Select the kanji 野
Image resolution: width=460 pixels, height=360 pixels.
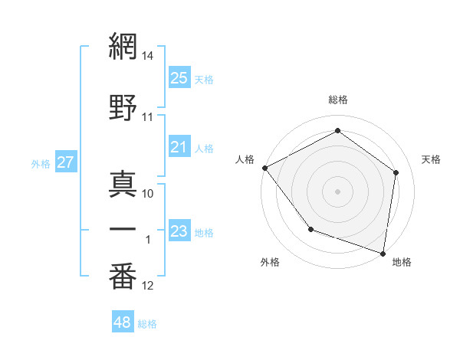click(x=123, y=108)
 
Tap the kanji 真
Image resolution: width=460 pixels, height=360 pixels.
click(x=123, y=185)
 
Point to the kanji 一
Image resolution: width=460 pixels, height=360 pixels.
click(x=123, y=231)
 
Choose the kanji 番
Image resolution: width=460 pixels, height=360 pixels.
click(x=123, y=277)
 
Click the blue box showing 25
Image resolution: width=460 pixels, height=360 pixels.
click(x=179, y=78)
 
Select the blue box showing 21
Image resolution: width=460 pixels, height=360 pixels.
click(x=179, y=147)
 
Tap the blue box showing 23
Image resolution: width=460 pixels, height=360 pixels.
click(x=179, y=231)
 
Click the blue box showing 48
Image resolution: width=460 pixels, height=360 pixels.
click(x=123, y=322)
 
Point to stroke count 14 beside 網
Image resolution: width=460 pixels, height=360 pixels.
click(x=148, y=56)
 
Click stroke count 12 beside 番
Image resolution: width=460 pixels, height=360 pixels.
click(x=148, y=286)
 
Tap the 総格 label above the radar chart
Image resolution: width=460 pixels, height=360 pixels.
click(x=338, y=100)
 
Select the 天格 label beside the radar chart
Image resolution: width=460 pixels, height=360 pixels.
click(x=431, y=159)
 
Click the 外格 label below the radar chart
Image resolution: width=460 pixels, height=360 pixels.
click(x=270, y=263)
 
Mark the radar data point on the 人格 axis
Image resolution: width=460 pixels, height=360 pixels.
click(x=264, y=168)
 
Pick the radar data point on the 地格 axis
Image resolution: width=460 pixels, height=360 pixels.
click(x=383, y=253)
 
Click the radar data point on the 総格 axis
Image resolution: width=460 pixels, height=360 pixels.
click(x=337, y=131)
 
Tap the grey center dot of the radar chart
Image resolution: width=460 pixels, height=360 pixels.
click(x=337, y=191)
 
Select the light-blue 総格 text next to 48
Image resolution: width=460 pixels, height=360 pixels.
click(x=147, y=324)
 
